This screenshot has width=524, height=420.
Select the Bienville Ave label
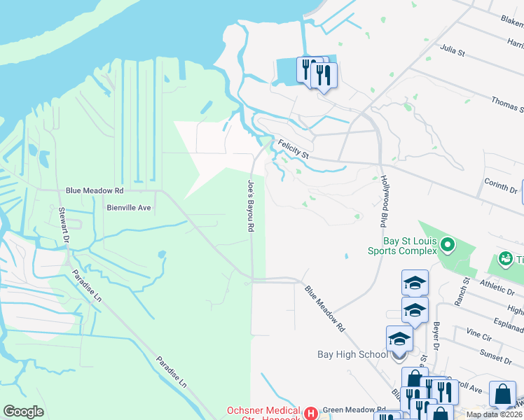(129, 207)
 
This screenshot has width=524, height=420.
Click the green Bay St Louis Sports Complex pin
(449, 246)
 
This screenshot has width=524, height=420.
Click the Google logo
(24, 412)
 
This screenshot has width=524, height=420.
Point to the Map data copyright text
(494, 414)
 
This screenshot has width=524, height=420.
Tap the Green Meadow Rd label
(353, 410)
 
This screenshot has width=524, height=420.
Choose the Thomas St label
(506, 105)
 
